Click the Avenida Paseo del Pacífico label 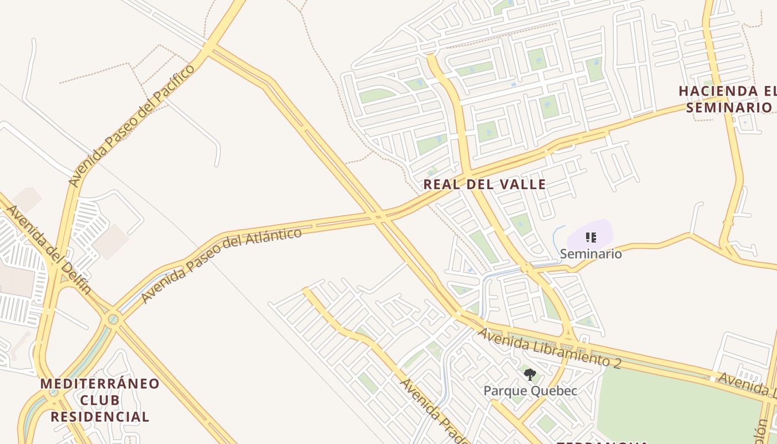(x=132, y=125)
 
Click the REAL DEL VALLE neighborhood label (x=485, y=184)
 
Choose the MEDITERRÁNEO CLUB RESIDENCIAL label (x=100, y=400)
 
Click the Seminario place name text (x=591, y=254)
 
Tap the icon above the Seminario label (x=591, y=238)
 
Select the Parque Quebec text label (x=530, y=390)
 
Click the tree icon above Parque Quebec (x=530, y=375)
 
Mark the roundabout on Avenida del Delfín (x=113, y=319)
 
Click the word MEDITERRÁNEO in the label (x=100, y=384)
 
